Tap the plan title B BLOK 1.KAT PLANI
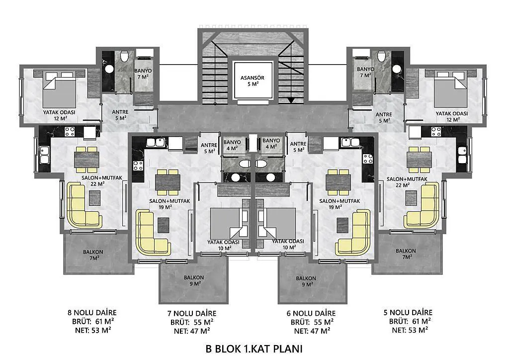[254, 349]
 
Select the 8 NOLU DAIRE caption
[92, 313]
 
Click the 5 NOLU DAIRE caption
[408, 312]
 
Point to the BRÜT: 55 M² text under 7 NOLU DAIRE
[192, 322]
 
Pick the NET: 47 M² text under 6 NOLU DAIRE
[312, 331]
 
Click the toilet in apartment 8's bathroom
[124, 56]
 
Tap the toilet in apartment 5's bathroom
[382, 56]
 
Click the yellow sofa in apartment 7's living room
[151, 233]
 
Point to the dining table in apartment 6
[338, 182]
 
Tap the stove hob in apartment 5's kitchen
[435, 131]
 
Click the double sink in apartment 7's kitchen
[156, 142]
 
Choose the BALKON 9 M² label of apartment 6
[306, 281]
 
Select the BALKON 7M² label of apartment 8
[93, 255]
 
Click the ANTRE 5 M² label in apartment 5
[384, 117]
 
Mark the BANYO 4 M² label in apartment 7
[232, 145]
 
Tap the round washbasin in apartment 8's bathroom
[109, 69]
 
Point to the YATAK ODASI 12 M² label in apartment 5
[451, 116]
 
